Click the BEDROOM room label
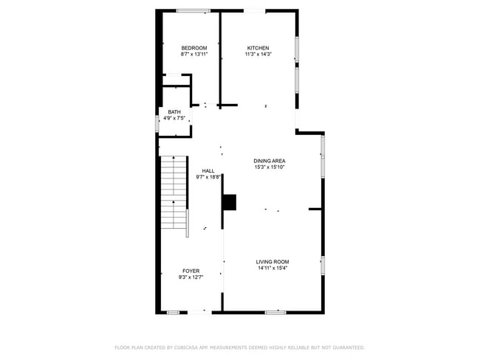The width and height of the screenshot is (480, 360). click(x=194, y=49)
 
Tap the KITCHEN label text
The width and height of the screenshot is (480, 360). click(x=258, y=49)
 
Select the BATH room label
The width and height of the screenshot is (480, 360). click(x=174, y=112)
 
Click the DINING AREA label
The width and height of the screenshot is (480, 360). click(x=270, y=161)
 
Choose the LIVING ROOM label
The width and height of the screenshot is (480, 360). click(x=272, y=262)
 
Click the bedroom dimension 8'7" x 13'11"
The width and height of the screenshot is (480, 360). click(x=194, y=55)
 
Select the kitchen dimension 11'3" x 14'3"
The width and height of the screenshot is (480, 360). click(x=258, y=55)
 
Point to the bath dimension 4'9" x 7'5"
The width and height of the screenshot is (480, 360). click(x=174, y=118)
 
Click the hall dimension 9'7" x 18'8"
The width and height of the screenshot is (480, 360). click(x=208, y=177)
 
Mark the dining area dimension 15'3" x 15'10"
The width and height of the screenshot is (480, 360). click(x=270, y=167)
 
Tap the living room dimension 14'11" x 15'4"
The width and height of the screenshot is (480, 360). click(x=272, y=268)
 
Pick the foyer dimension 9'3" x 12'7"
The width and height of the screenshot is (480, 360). click(x=191, y=278)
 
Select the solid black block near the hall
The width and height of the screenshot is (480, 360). click(x=230, y=202)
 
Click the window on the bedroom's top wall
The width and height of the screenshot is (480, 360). click(x=193, y=10)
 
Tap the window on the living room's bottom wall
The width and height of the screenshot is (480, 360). click(x=275, y=312)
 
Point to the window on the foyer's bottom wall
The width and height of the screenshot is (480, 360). click(x=173, y=312)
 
